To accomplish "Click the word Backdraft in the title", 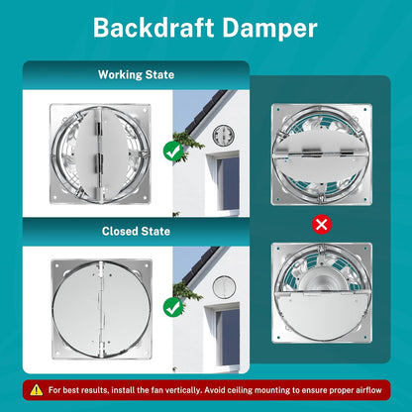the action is tap(154, 28).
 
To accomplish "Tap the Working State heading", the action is tap(136, 74).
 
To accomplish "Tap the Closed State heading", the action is tap(136, 231).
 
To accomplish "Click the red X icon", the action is tap(322, 225).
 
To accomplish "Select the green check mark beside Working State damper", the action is tap(173, 152).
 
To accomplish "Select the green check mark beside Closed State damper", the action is tap(173, 307).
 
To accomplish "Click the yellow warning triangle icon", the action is tap(37, 390).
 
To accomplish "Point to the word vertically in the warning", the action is tap(183, 390).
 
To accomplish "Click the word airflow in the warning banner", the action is tap(368, 390).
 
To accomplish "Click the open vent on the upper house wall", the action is tap(224, 136).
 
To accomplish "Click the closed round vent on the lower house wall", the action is tap(224, 286).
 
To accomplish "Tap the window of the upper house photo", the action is tap(228, 182).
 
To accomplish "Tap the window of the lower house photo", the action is tap(228, 336).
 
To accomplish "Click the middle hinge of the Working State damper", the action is tap(99, 161).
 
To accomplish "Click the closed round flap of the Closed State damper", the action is tap(102, 310).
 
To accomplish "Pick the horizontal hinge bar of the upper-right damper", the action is tap(321, 154).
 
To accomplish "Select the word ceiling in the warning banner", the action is tap(240, 390).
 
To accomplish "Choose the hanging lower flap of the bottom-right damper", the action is tap(322, 315).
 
